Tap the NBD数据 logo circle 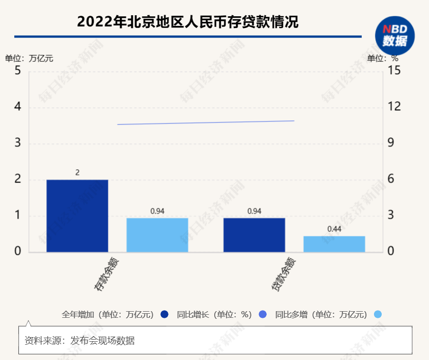pyautogui.click(x=395, y=35)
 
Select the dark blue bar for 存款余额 pyautogui.click(x=77, y=216)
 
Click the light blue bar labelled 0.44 pyautogui.click(x=334, y=244)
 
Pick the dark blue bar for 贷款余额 pyautogui.click(x=254, y=235)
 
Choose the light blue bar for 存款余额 pyautogui.click(x=157, y=235)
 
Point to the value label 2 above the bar pyautogui.click(x=77, y=173)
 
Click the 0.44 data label pyautogui.click(x=334, y=229)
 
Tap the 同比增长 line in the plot pyautogui.click(x=206, y=123)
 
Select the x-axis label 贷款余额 pyautogui.click(x=283, y=275)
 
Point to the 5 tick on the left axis pyautogui.click(x=18, y=70)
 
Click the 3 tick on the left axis pyautogui.click(x=18, y=143)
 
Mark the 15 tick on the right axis pyautogui.click(x=394, y=70)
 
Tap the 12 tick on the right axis pyautogui.click(x=394, y=107)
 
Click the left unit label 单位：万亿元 pyautogui.click(x=29, y=58)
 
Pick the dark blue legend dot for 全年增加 pyautogui.click(x=164, y=315)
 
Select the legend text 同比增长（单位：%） pyautogui.click(x=214, y=315)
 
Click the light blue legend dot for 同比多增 pyautogui.click(x=378, y=315)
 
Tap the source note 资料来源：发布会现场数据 pyautogui.click(x=80, y=341)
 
